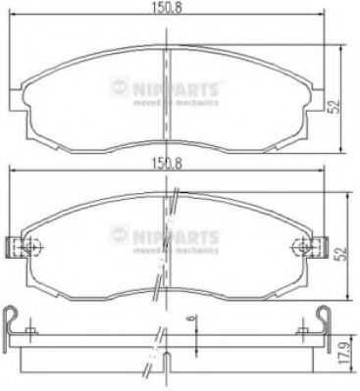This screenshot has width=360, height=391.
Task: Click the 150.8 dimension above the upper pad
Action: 164,13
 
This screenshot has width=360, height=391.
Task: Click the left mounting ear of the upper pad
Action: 14,97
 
